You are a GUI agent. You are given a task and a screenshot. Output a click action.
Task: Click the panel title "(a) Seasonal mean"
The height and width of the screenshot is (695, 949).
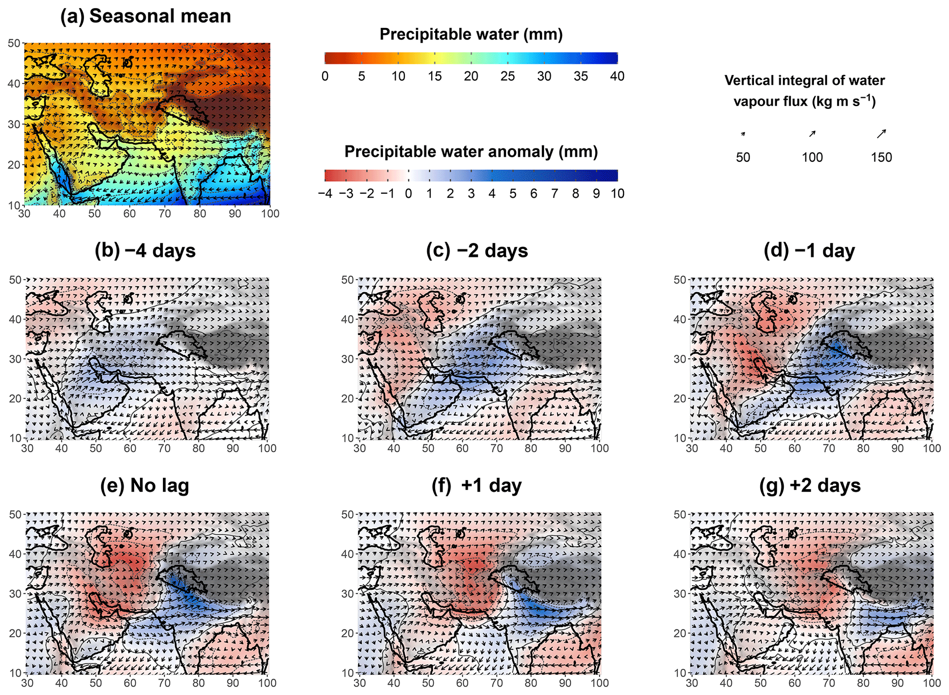click(x=146, y=16)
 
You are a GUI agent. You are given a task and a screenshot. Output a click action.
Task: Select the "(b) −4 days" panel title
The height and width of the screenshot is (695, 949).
click(x=145, y=251)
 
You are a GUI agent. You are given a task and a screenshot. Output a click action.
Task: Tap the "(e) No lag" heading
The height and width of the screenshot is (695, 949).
click(x=145, y=486)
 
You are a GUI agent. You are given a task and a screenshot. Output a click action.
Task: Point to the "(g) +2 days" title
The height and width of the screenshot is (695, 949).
click(x=810, y=486)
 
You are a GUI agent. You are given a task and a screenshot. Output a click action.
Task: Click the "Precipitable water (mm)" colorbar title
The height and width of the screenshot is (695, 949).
click(x=471, y=34)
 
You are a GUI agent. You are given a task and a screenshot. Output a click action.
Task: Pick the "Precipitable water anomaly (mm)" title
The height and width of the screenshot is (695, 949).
click(x=471, y=152)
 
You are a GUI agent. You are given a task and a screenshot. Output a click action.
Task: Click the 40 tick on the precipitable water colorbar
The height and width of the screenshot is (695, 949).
click(x=617, y=76)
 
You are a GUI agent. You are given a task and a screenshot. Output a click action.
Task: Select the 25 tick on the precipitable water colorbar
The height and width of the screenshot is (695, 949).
click(x=507, y=76)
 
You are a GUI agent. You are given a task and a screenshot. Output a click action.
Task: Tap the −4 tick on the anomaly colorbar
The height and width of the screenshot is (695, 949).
click(x=325, y=194)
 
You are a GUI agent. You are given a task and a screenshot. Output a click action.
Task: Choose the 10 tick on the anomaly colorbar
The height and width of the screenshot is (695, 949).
click(x=617, y=194)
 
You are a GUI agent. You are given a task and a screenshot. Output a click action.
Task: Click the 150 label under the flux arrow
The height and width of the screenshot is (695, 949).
click(x=881, y=158)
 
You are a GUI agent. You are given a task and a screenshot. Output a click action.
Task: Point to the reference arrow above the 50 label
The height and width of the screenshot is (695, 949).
click(x=743, y=134)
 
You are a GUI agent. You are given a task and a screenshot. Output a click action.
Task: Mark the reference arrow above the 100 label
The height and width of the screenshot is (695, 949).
click(x=812, y=134)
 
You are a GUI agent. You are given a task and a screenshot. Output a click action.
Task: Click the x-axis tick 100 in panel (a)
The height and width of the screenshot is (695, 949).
click(x=270, y=214)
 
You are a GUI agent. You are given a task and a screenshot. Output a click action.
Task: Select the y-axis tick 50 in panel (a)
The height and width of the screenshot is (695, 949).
click(x=14, y=43)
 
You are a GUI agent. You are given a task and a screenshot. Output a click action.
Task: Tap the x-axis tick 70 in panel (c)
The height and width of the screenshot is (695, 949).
click(x=496, y=448)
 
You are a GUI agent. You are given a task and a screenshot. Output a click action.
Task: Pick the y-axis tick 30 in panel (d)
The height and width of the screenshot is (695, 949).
click(x=679, y=359)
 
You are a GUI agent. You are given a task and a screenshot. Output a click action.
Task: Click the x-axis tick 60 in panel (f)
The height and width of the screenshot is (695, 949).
click(x=462, y=683)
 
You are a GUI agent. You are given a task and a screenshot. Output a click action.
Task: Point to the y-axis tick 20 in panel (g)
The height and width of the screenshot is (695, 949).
click(x=679, y=633)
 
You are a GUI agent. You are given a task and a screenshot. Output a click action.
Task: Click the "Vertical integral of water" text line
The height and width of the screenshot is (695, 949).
click(x=804, y=81)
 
